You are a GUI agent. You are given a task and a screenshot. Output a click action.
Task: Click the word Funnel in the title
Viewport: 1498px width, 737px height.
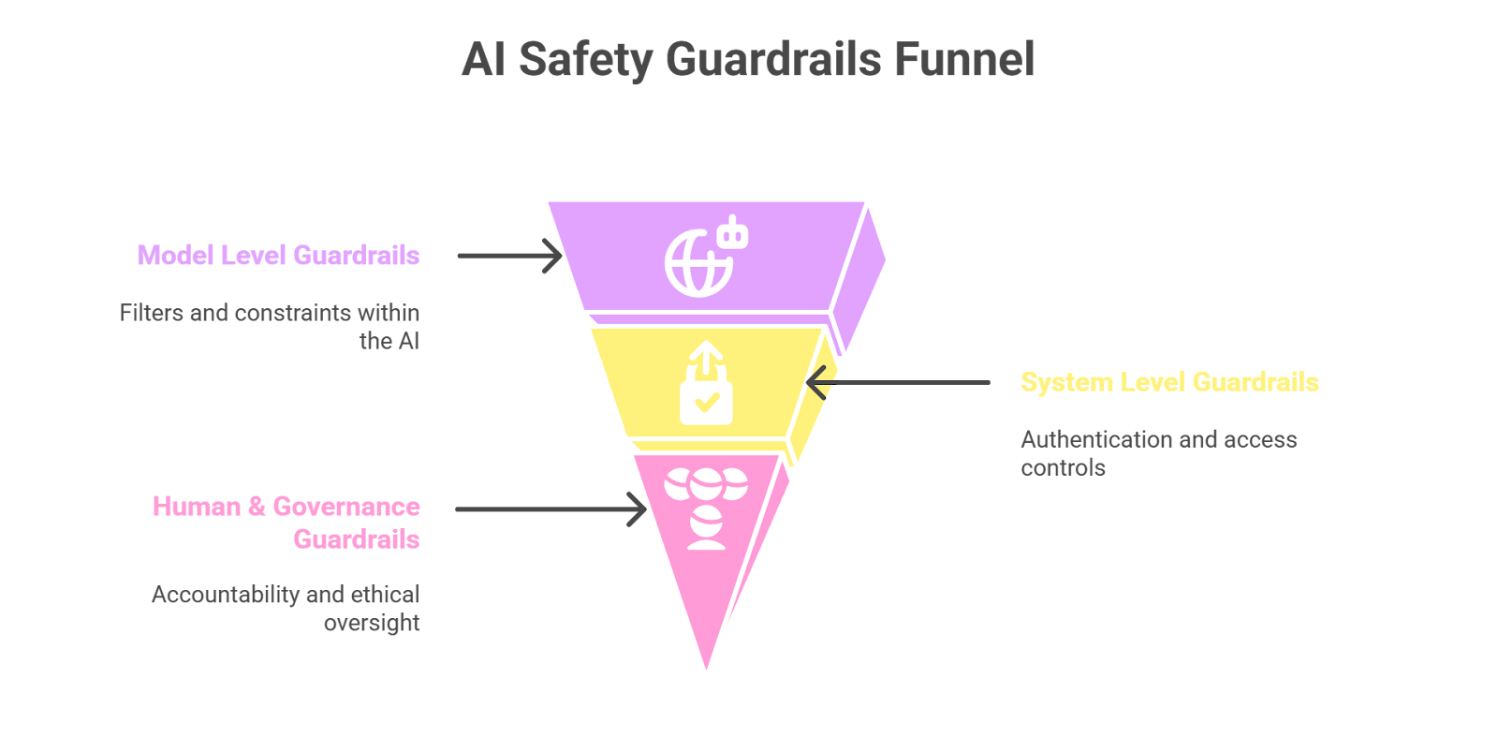[963, 59]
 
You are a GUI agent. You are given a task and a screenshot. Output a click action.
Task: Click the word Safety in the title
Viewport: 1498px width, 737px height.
[585, 59]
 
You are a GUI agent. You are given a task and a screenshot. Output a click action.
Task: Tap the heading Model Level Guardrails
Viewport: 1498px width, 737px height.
[278, 256]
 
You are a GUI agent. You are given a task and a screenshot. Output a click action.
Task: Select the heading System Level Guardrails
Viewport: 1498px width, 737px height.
[1169, 382]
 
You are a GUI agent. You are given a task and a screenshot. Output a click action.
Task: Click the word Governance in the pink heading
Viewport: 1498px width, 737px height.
[346, 507]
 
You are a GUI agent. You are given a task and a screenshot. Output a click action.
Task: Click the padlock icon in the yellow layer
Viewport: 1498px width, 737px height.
[706, 385]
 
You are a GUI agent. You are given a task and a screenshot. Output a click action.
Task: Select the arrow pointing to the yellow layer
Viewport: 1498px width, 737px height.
[898, 382]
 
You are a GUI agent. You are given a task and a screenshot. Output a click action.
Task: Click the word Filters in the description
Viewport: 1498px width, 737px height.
[152, 313]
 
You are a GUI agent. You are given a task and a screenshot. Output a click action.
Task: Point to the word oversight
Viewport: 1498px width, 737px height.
[372, 624]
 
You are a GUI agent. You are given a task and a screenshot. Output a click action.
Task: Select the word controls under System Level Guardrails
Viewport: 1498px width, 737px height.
[1063, 468]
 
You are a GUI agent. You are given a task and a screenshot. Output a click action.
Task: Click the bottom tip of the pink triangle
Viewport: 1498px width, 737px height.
[707, 672]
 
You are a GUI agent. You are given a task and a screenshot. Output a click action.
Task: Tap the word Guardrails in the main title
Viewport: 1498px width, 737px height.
[773, 59]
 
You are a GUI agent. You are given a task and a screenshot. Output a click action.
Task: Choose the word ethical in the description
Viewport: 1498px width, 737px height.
[385, 595]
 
